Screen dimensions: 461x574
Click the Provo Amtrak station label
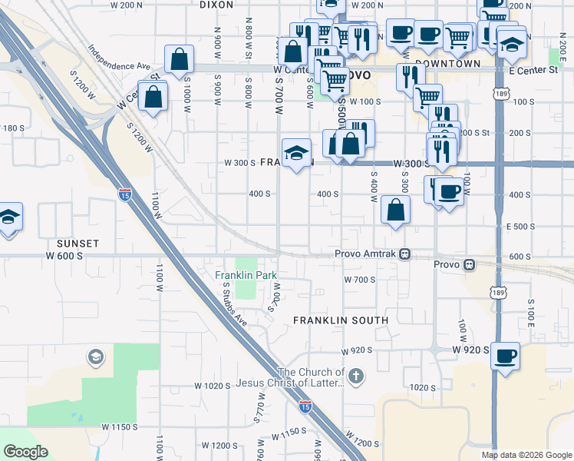pyautogui.click(x=365, y=254)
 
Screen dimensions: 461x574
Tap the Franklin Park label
pyautogui.click(x=246, y=275)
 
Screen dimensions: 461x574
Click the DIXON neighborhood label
pyautogui.click(x=216, y=5)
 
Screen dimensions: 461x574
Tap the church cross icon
pyautogui.click(x=355, y=376)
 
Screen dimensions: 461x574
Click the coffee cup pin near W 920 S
pyautogui.click(x=505, y=356)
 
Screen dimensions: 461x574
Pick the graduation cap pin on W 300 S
pyautogui.click(x=296, y=153)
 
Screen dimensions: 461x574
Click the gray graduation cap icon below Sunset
pyautogui.click(x=95, y=357)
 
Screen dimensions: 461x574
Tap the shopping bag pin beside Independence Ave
pyautogui.click(x=179, y=60)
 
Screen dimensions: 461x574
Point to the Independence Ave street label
pyautogui.click(x=120, y=55)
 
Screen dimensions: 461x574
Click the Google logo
pyautogui.click(x=25, y=452)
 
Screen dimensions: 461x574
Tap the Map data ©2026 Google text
pyautogui.click(x=526, y=455)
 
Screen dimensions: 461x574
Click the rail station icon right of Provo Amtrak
pyautogui.click(x=468, y=264)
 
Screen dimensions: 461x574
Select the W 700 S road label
pyautogui.click(x=359, y=280)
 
